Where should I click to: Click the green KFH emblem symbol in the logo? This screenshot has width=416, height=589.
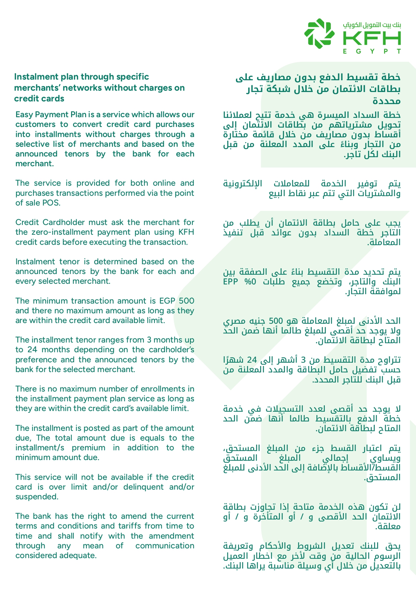pyautogui.click(x=319, y=33)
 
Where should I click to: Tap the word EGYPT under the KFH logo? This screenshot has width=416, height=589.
pyautogui.click(x=372, y=51)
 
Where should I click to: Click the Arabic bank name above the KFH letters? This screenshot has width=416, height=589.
pyautogui.click(x=372, y=25)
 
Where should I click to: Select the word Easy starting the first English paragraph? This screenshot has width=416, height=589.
pyautogui.click(x=24, y=115)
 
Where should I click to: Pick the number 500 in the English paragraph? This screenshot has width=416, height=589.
pyautogui.click(x=186, y=301)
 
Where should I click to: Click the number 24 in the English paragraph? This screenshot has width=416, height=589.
pyautogui.click(x=32, y=350)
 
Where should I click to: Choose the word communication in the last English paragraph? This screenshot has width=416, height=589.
pyautogui.click(x=165, y=546)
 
